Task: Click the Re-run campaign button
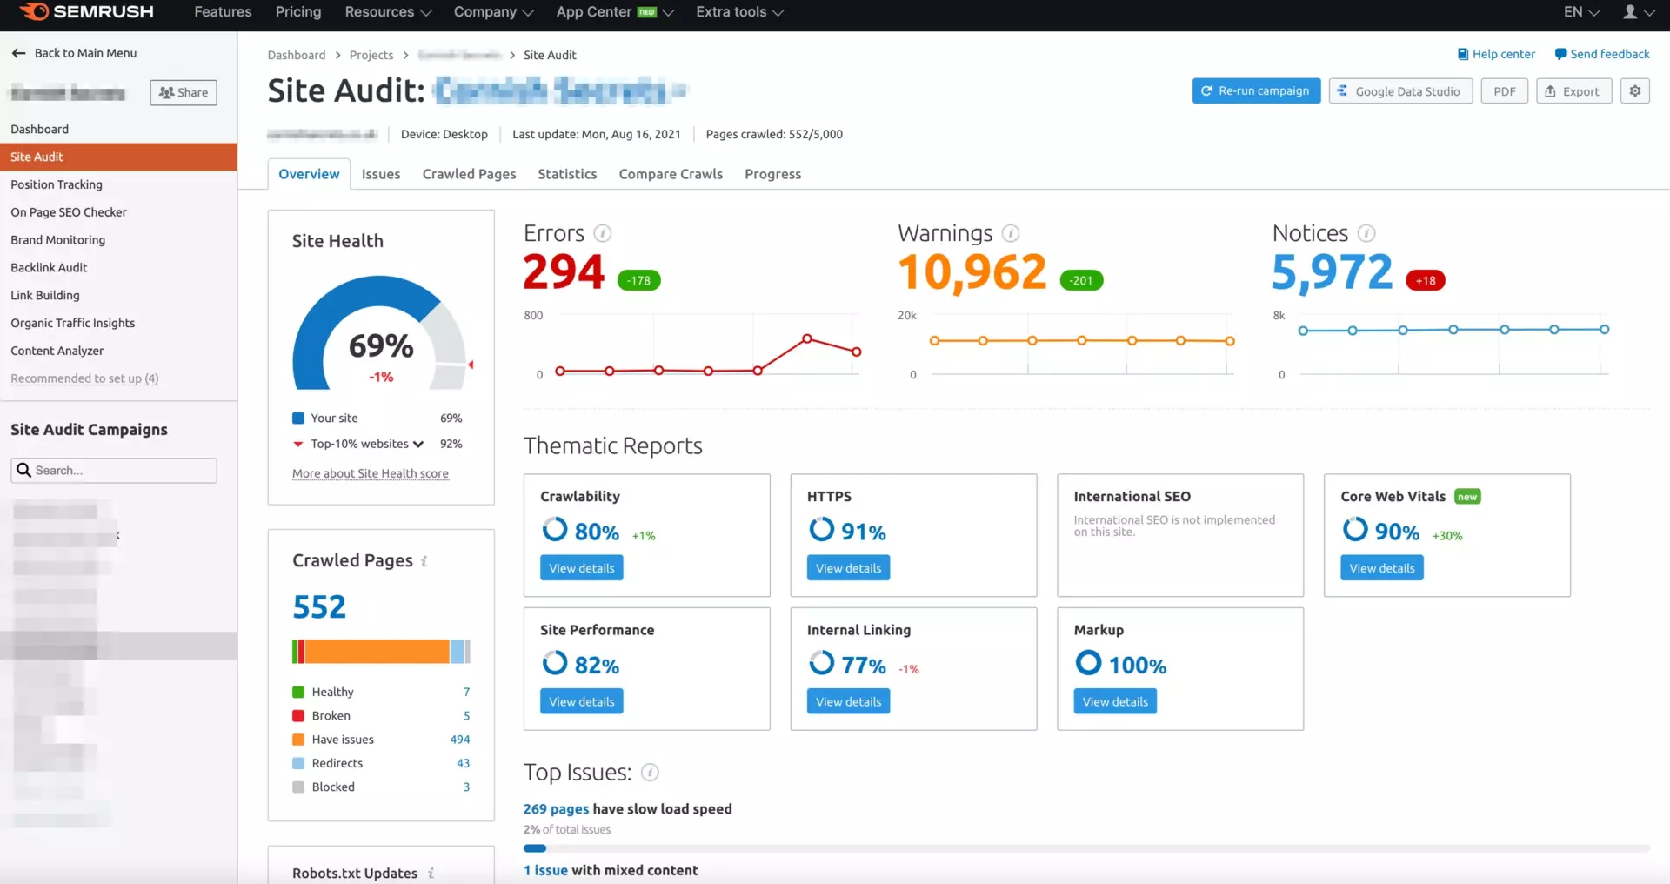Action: pyautogui.click(x=1255, y=91)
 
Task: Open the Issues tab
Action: pyautogui.click(x=381, y=174)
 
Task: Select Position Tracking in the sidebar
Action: pyautogui.click(x=57, y=184)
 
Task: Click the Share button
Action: pyautogui.click(x=184, y=93)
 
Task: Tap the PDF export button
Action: pyautogui.click(x=1504, y=91)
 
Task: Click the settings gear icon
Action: pyautogui.click(x=1634, y=91)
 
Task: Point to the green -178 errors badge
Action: pyautogui.click(x=639, y=280)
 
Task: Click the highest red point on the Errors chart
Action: pyautogui.click(x=807, y=338)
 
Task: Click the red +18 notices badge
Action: pyautogui.click(x=1425, y=280)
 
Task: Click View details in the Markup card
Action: pyautogui.click(x=1115, y=701)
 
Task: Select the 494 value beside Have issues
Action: pyautogui.click(x=459, y=740)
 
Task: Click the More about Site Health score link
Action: pyautogui.click(x=371, y=473)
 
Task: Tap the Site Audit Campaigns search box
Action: pyautogui.click(x=114, y=471)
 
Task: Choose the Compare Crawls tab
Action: pyautogui.click(x=671, y=174)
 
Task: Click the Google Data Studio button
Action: pyautogui.click(x=1400, y=91)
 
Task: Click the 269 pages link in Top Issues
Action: pyautogui.click(x=556, y=809)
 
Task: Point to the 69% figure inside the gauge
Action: pyautogui.click(x=381, y=346)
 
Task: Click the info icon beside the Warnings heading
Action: pyautogui.click(x=1010, y=233)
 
